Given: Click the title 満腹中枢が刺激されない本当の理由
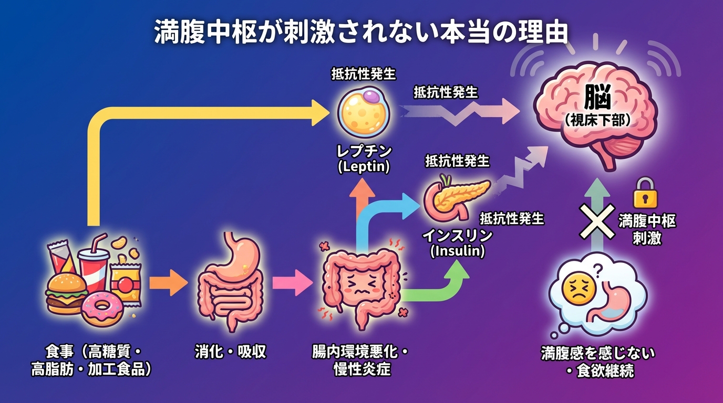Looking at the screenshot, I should point(361,33).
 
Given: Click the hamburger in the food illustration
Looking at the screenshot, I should point(66,294).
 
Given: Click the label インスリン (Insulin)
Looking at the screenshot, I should point(457,242).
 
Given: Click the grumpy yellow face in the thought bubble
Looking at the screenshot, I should point(574,289).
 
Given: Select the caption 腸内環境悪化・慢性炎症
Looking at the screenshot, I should point(362,360).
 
